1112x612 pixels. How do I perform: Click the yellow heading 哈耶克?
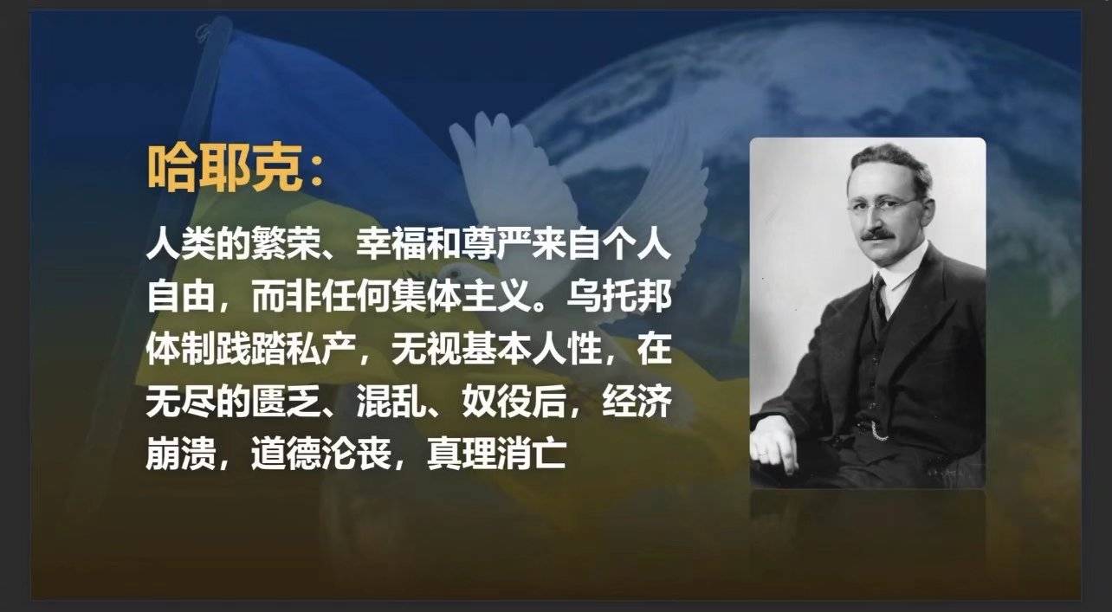[x=225, y=168]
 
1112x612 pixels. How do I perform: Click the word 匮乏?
[x=286, y=401]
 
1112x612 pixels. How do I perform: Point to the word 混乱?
[x=391, y=401]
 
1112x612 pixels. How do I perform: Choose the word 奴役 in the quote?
[x=496, y=401]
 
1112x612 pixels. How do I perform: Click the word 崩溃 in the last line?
[x=181, y=454]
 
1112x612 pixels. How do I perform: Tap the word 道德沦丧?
[x=320, y=454]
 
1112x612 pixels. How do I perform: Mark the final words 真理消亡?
[x=496, y=454]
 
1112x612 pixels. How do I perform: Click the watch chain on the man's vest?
[x=876, y=433]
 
